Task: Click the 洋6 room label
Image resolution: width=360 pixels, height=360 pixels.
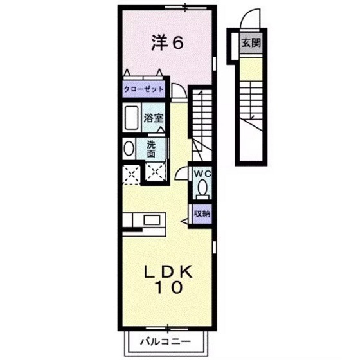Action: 167,42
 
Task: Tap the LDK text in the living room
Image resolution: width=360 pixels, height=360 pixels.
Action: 168,272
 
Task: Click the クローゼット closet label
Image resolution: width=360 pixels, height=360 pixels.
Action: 144,89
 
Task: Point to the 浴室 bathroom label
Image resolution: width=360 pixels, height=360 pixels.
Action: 154,118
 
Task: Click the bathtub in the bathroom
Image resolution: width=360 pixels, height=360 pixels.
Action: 132,117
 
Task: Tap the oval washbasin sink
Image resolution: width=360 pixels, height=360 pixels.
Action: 129,148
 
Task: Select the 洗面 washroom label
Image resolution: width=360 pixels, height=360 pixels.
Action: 151,149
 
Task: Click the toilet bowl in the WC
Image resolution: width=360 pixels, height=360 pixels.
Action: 203,187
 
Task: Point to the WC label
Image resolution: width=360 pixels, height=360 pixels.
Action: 202,174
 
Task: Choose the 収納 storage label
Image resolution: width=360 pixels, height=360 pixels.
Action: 202,213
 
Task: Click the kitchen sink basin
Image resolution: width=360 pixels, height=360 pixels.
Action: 152,220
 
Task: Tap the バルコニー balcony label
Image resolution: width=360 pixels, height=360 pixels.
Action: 165,341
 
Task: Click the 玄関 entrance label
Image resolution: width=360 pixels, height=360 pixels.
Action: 251,42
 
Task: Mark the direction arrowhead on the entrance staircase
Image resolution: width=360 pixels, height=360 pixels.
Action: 252,118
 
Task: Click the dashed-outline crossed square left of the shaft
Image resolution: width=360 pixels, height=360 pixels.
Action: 131,175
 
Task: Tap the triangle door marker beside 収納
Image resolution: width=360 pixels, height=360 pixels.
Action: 185,221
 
